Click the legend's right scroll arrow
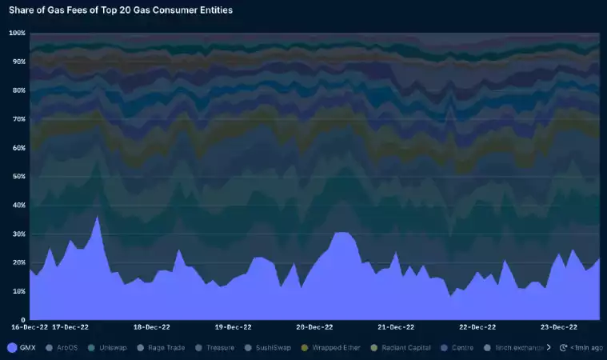pos(549,348)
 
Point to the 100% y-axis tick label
pos(17,33)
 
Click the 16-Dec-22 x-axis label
pos(30,327)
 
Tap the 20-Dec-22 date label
pos(314,327)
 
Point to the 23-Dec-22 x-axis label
pos(559,327)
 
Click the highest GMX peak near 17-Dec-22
pos(98,218)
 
